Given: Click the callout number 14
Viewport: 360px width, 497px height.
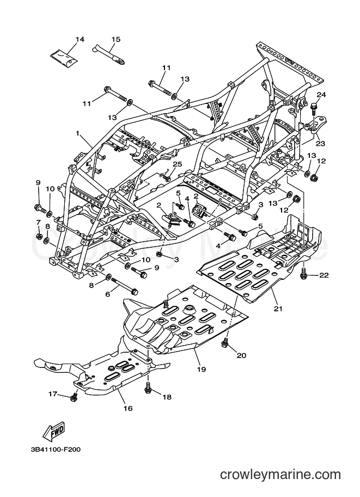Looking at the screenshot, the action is pyautogui.click(x=80, y=39).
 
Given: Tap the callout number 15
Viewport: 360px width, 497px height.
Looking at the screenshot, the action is pyautogui.click(x=116, y=39).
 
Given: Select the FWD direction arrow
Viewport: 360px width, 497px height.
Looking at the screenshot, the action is pyautogui.click(x=54, y=431).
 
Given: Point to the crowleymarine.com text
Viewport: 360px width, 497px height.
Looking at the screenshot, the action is pyautogui.click(x=280, y=475).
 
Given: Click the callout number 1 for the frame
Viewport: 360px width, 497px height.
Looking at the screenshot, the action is pyautogui.click(x=77, y=133).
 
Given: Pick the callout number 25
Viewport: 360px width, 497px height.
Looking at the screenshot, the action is pyautogui.click(x=178, y=164).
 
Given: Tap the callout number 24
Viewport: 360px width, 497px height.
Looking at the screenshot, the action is pyautogui.click(x=321, y=95).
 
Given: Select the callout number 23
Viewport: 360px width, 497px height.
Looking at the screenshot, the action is pyautogui.click(x=321, y=143).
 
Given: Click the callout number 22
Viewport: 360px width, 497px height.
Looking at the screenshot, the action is pyautogui.click(x=324, y=275).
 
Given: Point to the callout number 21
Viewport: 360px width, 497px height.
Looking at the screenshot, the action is pyautogui.click(x=278, y=308).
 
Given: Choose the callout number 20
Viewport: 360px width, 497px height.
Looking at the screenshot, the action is pyautogui.click(x=241, y=355).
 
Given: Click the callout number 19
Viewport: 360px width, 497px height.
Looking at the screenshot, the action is pyautogui.click(x=202, y=369).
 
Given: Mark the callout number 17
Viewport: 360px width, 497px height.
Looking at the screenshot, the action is pyautogui.click(x=53, y=394).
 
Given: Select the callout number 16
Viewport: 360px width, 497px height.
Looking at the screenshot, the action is pyautogui.click(x=128, y=408).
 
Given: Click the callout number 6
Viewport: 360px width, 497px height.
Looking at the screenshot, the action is pyautogui.click(x=108, y=294).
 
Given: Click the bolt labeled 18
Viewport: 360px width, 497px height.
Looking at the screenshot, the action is pyautogui.click(x=148, y=388).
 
